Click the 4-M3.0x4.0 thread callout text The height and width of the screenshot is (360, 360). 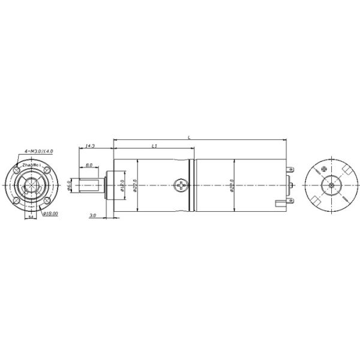point(37,151)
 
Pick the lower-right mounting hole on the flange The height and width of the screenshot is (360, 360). point(46,199)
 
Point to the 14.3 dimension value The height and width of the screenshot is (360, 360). point(91,145)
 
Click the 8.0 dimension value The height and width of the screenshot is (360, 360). point(89,165)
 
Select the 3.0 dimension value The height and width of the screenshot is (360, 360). point(92,214)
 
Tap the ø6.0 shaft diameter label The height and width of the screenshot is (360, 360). point(70,187)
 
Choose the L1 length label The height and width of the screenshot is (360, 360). point(154,145)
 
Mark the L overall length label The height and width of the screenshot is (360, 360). point(190,137)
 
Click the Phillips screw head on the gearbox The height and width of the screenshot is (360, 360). point(181,186)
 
